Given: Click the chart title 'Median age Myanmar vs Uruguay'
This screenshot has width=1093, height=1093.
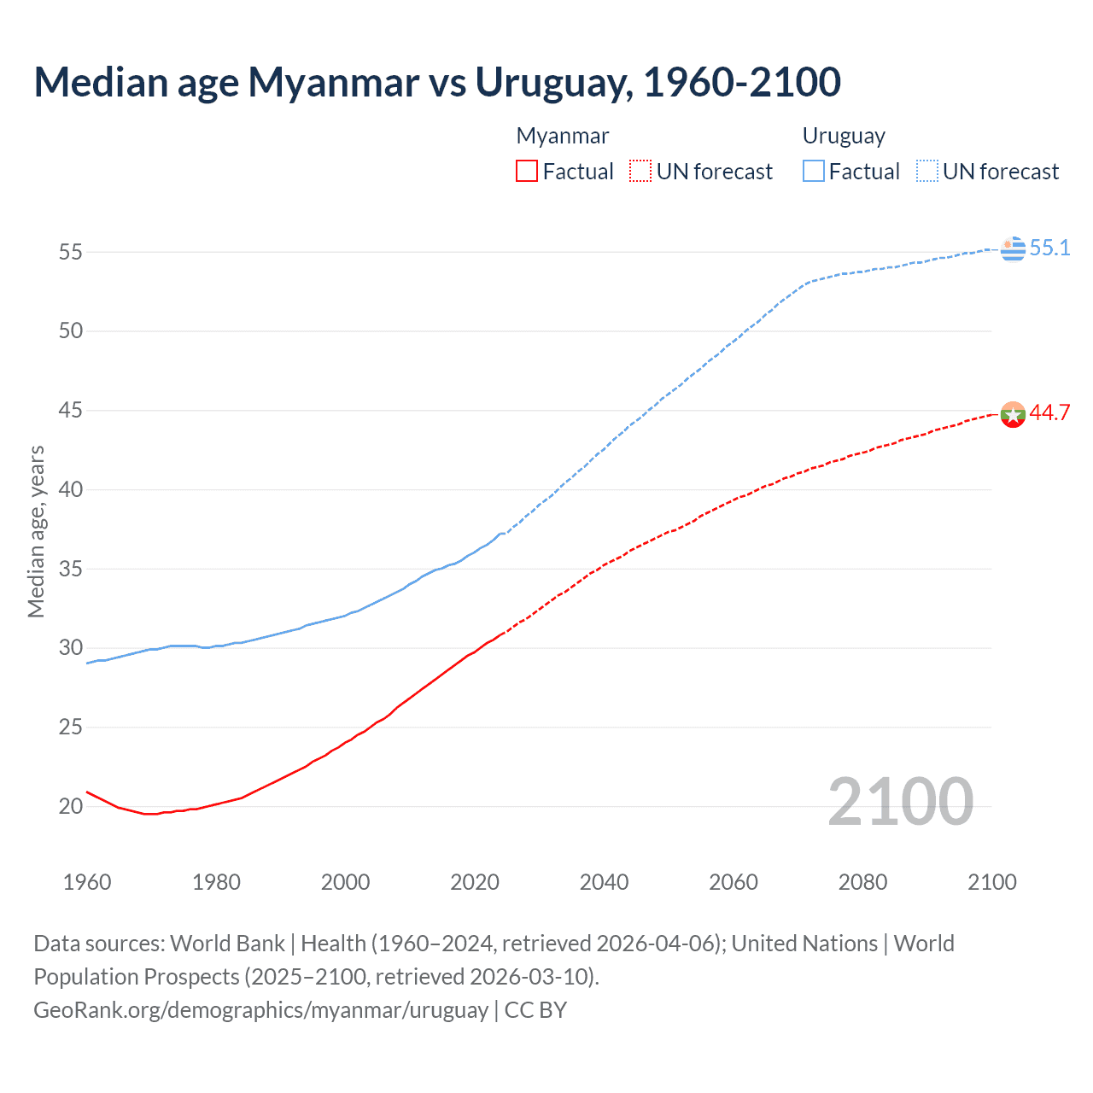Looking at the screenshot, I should click(437, 82).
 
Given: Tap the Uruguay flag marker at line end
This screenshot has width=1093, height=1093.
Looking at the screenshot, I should click(1013, 248).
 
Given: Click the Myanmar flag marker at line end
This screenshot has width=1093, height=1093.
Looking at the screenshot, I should click(1013, 414).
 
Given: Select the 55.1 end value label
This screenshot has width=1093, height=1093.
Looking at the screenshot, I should click(1049, 248).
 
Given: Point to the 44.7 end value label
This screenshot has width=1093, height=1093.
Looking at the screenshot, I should click(1049, 413).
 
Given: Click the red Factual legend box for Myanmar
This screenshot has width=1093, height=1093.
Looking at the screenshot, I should click(527, 172).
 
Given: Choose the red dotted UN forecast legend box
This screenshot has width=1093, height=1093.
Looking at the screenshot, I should click(640, 172).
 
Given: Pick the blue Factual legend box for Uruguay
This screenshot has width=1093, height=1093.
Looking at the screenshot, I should click(814, 172).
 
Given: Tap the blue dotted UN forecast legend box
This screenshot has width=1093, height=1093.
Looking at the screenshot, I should click(927, 172).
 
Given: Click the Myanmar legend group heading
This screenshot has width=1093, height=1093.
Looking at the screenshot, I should click(563, 136).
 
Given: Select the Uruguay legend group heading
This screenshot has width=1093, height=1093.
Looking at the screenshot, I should click(844, 136).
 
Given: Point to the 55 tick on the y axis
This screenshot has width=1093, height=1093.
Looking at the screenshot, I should click(71, 252).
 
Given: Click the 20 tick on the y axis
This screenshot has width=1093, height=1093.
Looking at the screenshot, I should click(71, 806).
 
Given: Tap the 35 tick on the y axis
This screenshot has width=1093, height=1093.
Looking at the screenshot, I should click(71, 569).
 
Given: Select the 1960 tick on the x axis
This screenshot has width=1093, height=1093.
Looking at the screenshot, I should click(87, 882).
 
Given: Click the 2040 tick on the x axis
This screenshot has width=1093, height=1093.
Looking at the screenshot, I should click(604, 882).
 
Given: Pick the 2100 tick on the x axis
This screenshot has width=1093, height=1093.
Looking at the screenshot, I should click(992, 882).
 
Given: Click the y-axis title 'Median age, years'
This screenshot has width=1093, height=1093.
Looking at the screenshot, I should click(36, 531).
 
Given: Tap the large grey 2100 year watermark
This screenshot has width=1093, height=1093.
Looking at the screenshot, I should click(901, 801).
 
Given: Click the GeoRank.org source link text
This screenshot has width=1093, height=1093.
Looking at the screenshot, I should click(260, 1010).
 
